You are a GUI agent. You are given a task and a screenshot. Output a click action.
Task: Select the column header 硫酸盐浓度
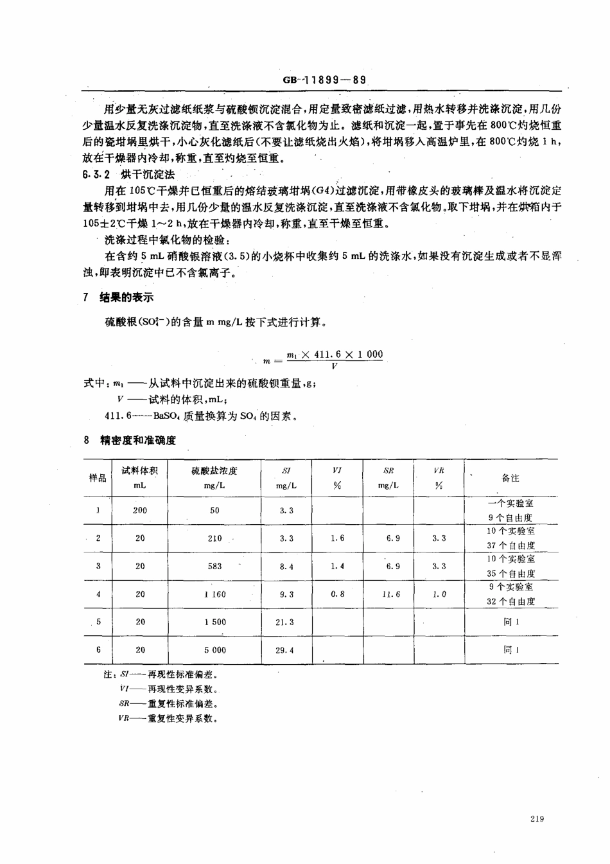214,471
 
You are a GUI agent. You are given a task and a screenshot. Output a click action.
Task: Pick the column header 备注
510,478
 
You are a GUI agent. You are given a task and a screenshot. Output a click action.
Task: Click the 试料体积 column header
139,471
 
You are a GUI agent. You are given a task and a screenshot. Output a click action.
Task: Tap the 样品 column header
98,478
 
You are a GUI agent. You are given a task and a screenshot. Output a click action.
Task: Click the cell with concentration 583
214,566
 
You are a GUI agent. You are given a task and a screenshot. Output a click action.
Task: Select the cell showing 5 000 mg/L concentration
214,650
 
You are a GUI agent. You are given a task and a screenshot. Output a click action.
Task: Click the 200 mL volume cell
140,511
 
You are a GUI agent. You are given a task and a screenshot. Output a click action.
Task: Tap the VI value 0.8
337,594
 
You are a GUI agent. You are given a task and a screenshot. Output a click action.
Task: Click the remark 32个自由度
511,602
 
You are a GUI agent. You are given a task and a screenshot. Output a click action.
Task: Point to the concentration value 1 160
214,594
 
